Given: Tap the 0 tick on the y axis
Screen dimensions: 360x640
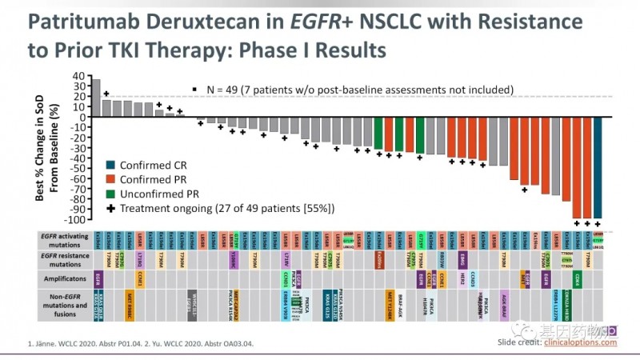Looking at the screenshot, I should click(x=80, y=118).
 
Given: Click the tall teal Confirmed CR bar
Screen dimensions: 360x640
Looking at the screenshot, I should click(x=598, y=169).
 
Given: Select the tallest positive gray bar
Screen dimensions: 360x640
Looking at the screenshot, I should click(x=96, y=98).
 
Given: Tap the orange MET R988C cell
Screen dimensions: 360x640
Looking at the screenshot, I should click(x=130, y=305).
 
